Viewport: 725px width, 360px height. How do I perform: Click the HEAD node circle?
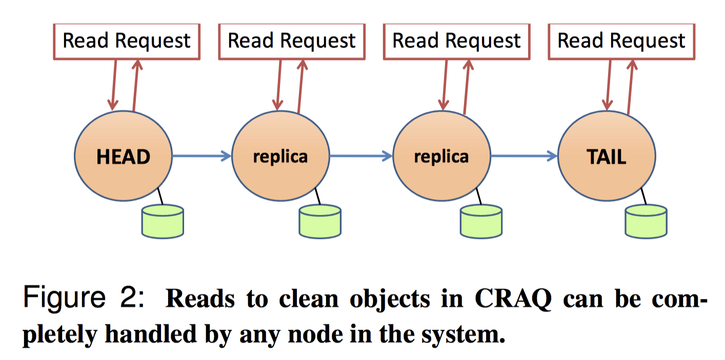coord(124,156)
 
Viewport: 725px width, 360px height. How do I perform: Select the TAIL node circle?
coord(607,156)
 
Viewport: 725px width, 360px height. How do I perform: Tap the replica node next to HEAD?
coord(280,156)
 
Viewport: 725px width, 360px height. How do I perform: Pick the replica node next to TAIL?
coord(441,156)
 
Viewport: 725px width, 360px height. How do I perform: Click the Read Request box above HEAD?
coord(127,41)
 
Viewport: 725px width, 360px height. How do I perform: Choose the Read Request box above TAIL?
coord(621,41)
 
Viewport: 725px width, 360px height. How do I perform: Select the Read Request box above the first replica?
coord(292,41)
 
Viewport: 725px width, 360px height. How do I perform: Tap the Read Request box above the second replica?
coord(456,41)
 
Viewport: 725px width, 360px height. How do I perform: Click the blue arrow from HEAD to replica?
coord(202,155)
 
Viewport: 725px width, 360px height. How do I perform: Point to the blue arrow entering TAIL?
coord(523,155)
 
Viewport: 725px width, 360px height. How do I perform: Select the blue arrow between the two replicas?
coord(361,155)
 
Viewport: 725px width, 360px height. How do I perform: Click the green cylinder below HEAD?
coord(162,221)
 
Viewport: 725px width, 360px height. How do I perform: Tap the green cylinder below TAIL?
coord(646,221)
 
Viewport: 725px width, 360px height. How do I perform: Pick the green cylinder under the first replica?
coord(320,221)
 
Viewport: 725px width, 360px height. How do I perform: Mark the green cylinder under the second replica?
coord(481,221)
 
